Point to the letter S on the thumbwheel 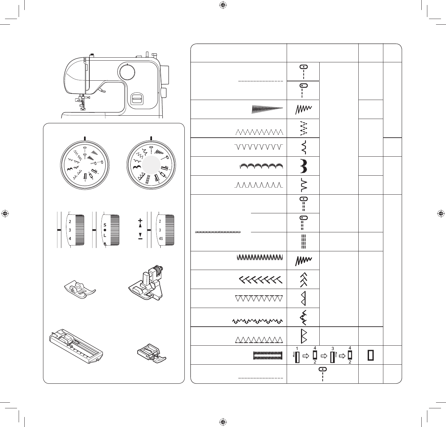[x=105, y=225]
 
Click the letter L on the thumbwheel [x=105, y=235]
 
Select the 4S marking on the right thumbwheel [x=161, y=239]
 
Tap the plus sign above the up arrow [x=140, y=221]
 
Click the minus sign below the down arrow [x=140, y=239]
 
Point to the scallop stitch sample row [x=261, y=166]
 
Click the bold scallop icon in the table [x=303, y=166]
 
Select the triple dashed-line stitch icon [x=303, y=242]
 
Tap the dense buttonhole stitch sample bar [x=268, y=356]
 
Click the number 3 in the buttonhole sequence [x=332, y=348]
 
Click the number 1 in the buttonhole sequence [x=296, y=348]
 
